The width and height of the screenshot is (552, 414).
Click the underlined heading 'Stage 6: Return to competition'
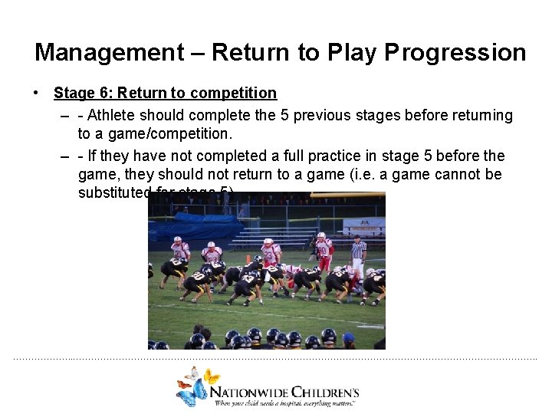click(x=165, y=93)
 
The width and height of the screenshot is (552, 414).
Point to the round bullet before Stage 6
click(x=36, y=93)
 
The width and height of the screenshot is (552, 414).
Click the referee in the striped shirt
click(x=357, y=254)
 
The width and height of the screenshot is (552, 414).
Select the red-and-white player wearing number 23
click(x=270, y=252)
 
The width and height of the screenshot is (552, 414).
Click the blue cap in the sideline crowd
click(x=349, y=338)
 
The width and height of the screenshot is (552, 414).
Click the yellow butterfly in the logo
click(x=211, y=376)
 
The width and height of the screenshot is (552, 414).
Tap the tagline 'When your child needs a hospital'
click(x=261, y=402)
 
